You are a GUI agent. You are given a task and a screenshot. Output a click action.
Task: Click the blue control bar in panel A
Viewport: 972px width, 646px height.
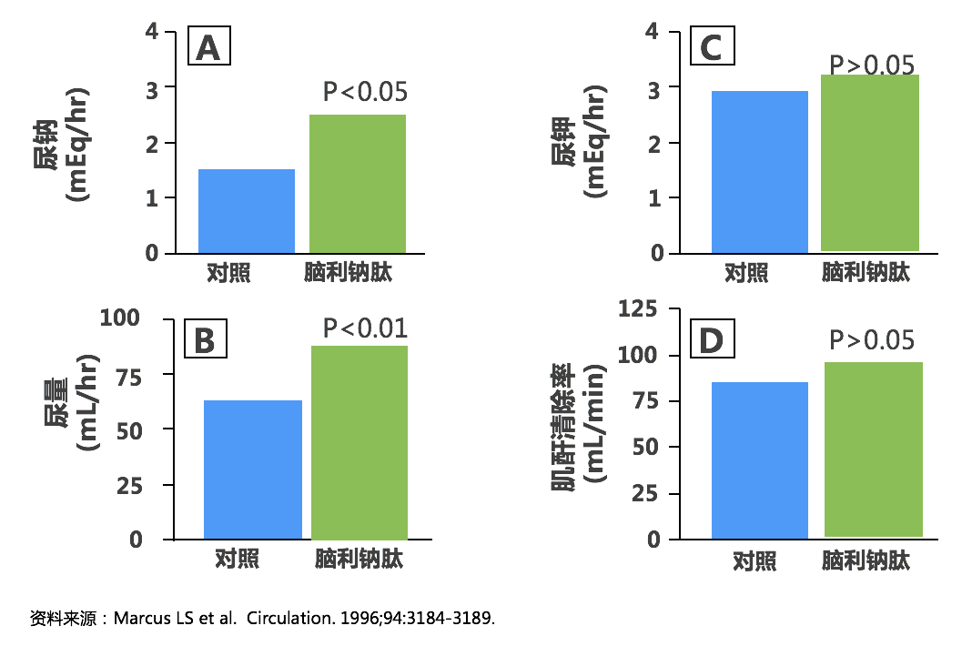click(247, 211)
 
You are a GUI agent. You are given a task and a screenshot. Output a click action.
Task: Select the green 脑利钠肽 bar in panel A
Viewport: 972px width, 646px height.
click(359, 184)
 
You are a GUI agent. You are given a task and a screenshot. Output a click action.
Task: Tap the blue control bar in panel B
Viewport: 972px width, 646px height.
click(253, 469)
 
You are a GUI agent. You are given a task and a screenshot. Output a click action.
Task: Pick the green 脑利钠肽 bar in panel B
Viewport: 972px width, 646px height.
click(359, 442)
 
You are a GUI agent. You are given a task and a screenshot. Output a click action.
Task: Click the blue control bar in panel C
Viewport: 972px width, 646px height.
click(760, 171)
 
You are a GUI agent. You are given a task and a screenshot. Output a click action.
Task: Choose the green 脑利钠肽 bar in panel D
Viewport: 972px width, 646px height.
click(874, 449)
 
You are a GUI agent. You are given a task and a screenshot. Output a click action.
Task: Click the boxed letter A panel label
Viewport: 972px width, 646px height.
click(208, 46)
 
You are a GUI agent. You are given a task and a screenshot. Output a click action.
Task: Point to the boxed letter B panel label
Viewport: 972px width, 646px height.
click(205, 339)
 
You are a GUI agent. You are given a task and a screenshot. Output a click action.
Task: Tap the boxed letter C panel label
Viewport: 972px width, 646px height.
click(711, 46)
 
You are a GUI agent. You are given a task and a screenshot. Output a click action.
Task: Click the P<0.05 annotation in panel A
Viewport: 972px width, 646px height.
click(365, 92)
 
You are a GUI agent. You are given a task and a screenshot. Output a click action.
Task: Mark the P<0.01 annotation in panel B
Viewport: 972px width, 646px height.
click(365, 328)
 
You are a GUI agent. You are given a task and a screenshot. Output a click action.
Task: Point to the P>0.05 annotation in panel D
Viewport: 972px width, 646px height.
click(871, 339)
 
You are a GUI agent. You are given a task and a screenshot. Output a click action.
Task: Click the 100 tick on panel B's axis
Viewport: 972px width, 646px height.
click(121, 318)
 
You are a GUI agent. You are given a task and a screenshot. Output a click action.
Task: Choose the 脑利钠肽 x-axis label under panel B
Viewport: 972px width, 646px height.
click(359, 558)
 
